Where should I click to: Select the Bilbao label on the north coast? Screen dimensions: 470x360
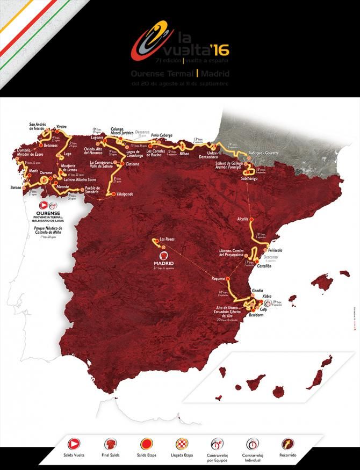[185, 154]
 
